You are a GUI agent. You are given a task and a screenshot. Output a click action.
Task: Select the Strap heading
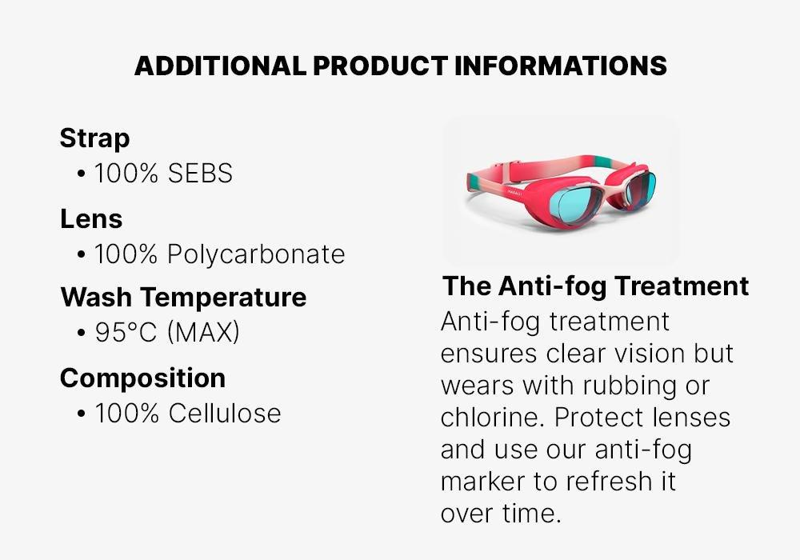(94, 138)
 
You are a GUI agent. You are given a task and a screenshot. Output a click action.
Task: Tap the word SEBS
(200, 173)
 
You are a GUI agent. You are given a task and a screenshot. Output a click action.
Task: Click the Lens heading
(91, 218)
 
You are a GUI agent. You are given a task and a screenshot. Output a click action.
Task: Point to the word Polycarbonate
(256, 254)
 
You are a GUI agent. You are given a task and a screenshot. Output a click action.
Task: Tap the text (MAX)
(203, 333)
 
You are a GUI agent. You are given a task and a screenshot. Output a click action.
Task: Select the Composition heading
(142, 378)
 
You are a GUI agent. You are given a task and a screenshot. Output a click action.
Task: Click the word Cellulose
(224, 414)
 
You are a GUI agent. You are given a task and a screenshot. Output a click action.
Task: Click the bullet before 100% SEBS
(82, 174)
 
